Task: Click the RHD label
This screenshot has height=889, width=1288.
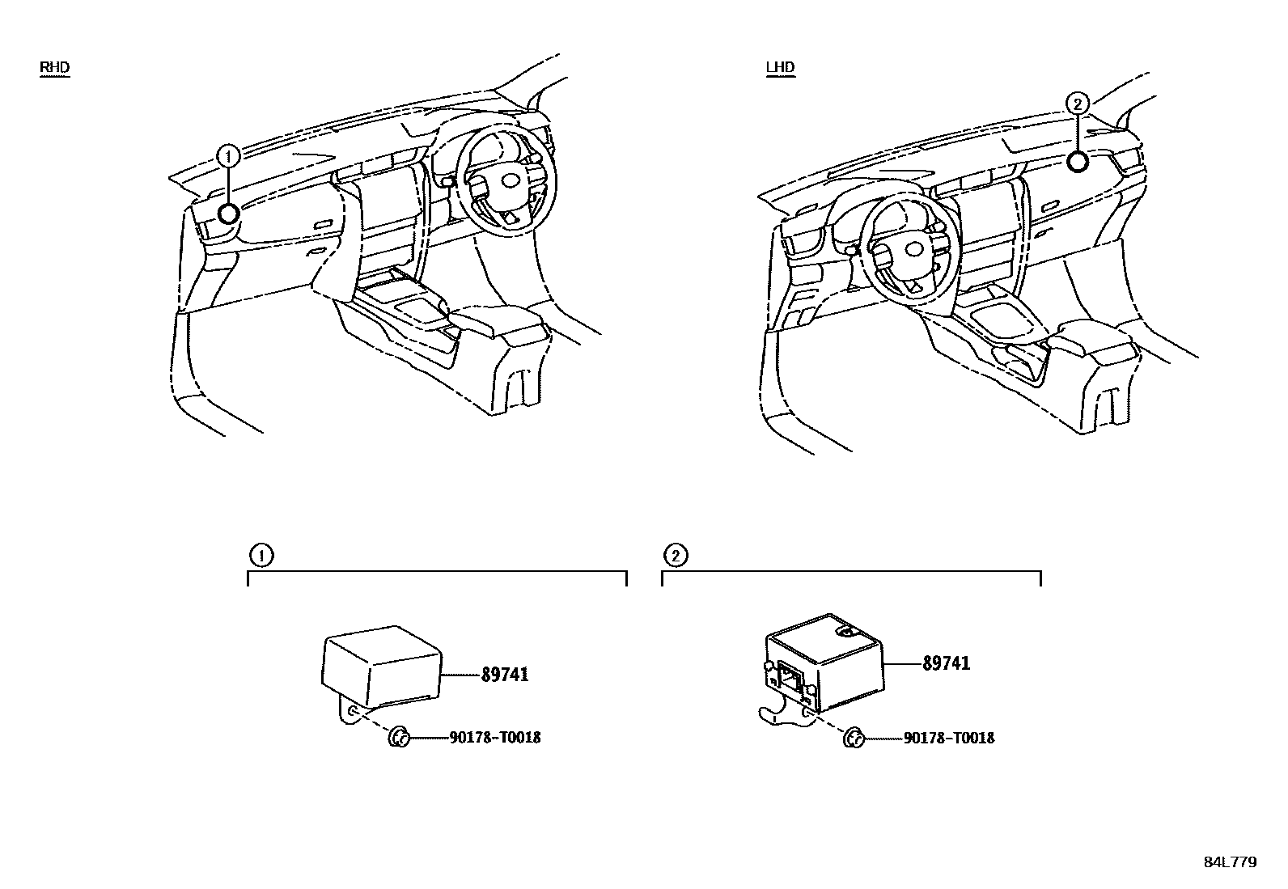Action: click(x=54, y=67)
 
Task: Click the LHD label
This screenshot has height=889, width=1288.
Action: click(x=780, y=67)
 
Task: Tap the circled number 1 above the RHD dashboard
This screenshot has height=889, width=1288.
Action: click(x=229, y=155)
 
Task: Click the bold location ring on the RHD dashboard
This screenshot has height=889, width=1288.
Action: click(x=229, y=214)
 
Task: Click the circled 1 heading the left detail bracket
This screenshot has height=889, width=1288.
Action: click(x=261, y=556)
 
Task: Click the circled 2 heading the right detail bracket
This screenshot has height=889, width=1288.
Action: click(x=676, y=556)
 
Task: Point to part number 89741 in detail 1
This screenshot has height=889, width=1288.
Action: click(x=504, y=675)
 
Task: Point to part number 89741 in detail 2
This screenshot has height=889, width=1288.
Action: click(x=946, y=663)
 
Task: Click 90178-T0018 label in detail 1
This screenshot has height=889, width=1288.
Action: click(x=494, y=738)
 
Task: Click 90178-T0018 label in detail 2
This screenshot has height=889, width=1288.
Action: click(x=948, y=738)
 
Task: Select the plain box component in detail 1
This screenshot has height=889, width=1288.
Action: click(x=381, y=665)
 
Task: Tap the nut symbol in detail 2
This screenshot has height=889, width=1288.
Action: click(x=854, y=737)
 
